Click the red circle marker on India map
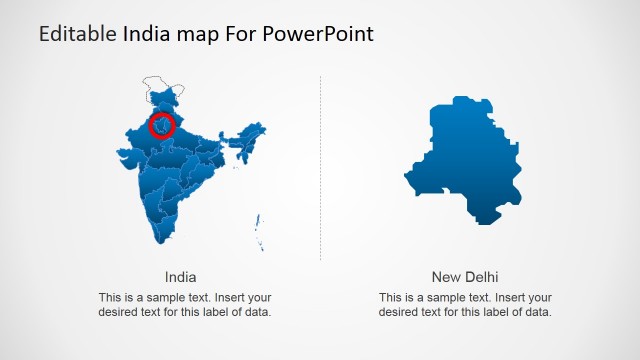pos(161,126)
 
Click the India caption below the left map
pos(180,277)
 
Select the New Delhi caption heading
pos(465,277)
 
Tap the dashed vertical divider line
pos(321,170)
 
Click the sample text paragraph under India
pos(185,305)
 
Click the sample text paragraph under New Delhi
pos(465,305)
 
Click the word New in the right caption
pos(446,277)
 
